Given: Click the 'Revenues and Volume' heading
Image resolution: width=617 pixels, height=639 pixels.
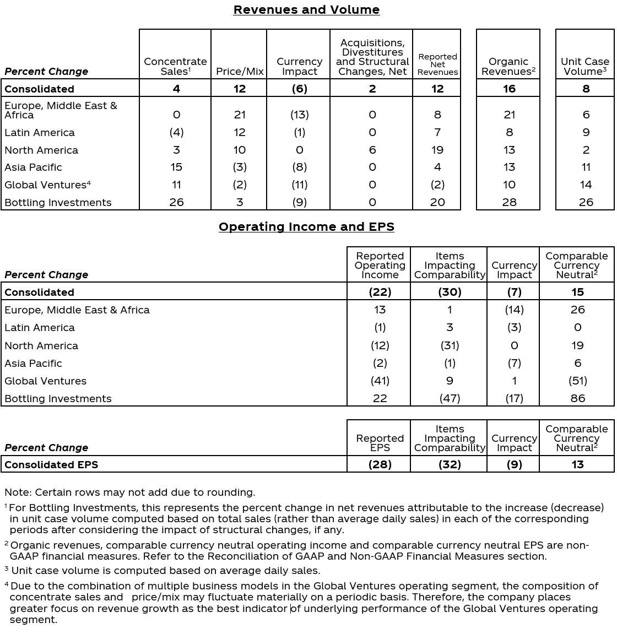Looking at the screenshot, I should coord(306,10).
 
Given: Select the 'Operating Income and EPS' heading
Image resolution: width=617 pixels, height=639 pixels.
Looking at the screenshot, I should coord(306,227).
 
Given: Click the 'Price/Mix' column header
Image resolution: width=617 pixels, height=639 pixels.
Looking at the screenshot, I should coord(240,72).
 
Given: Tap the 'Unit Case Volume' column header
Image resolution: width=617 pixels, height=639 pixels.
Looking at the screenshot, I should coord(585,66).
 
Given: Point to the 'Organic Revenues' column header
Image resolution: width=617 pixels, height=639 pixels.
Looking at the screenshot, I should coord(508,66).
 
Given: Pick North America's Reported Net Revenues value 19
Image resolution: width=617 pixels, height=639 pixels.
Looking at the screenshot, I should coord(437,150).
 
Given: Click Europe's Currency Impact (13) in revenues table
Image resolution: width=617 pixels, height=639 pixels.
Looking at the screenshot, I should coord(299,115).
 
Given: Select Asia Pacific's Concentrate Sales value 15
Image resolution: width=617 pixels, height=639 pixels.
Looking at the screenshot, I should coord(176,167).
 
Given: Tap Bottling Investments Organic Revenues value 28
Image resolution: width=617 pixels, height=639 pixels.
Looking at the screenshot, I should coord(509,202).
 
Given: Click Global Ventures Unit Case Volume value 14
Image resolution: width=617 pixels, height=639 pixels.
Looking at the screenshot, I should coord(586,185).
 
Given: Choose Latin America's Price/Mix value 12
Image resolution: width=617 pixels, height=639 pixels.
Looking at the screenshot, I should coord(240,132).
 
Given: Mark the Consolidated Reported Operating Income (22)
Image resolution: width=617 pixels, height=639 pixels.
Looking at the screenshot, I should coord(380,292).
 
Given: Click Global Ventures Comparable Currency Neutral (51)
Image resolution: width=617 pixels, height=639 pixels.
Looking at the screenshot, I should coord(577,381).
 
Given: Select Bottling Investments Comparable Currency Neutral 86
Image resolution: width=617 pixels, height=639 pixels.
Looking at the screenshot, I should coord(577,398).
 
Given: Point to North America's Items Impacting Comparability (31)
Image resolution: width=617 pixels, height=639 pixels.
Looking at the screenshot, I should coord(450,345).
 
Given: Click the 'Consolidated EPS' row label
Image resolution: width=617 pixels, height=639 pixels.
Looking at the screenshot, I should coord(51,464).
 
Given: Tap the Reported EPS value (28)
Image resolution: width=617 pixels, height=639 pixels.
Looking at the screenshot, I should coord(380,464).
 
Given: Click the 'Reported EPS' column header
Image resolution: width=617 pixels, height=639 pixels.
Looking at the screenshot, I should coord(380,443).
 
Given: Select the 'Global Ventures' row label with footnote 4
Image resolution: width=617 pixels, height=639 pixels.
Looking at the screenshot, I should coord(47,185).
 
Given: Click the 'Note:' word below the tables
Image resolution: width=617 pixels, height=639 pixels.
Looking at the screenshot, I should coord(18,492).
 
